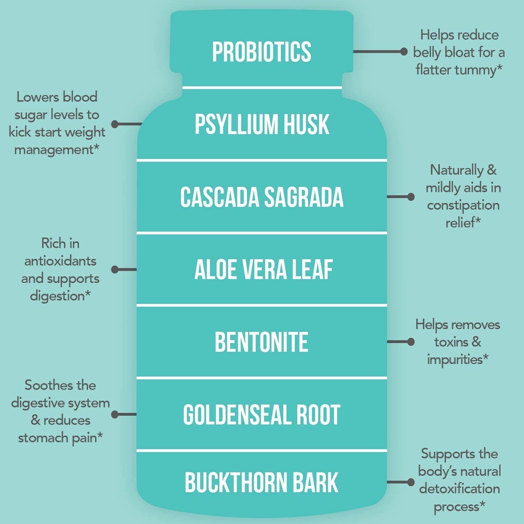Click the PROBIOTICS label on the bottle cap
pyautogui.click(x=262, y=52)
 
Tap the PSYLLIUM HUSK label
pyautogui.click(x=262, y=124)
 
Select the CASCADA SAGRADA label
pyautogui.click(x=262, y=197)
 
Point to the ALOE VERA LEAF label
pyautogui.click(x=263, y=270)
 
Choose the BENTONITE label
pyautogui.click(x=261, y=342)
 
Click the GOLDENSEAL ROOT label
pyautogui.click(x=262, y=415)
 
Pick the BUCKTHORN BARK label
pyautogui.click(x=262, y=482)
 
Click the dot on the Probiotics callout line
pyautogui.click(x=404, y=52)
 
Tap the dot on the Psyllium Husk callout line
pyautogui.click(x=115, y=124)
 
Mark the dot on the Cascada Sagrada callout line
pyautogui.click(x=411, y=197)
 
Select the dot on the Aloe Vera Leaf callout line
pyautogui.click(x=115, y=269)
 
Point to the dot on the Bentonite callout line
pyautogui.click(x=411, y=342)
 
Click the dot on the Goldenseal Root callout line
pyautogui.click(x=115, y=414)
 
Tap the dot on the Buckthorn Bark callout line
pyautogui.click(x=411, y=482)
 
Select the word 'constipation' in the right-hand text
pyautogui.click(x=463, y=205)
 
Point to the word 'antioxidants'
pyautogui.click(x=60, y=261)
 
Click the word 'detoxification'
pyautogui.click(x=459, y=488)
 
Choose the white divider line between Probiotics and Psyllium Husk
pyautogui.click(x=262, y=87)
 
